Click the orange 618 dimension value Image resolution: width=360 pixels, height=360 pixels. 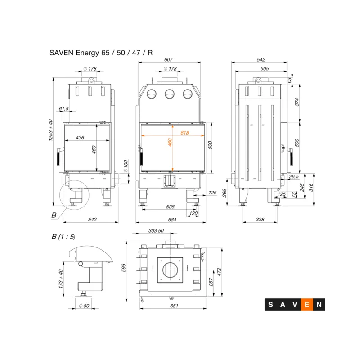point(184,133)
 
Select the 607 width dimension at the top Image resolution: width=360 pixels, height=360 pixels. point(168,59)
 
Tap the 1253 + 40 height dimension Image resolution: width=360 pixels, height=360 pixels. point(50,130)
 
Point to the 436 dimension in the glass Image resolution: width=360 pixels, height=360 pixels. point(80,138)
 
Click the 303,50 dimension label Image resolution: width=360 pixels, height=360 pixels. point(156,230)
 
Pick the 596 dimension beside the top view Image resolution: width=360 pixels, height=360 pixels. point(123,268)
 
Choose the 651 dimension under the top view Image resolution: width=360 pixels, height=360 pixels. point(174,306)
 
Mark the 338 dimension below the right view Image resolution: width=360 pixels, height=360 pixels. point(260,220)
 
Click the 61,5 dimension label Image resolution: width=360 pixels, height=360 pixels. point(63,108)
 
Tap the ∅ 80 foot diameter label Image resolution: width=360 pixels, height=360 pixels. point(84,306)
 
